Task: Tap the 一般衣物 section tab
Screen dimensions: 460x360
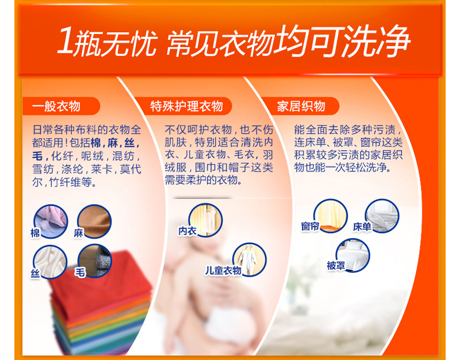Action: (x=61, y=106)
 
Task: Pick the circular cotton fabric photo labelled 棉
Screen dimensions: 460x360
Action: (x=51, y=221)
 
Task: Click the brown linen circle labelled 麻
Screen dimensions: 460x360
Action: (x=94, y=221)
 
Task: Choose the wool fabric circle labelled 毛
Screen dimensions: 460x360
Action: (x=94, y=261)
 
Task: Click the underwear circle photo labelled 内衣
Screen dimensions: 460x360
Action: (x=205, y=220)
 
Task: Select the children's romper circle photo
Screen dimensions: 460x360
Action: (x=250, y=260)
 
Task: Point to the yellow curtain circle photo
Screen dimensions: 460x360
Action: (x=330, y=216)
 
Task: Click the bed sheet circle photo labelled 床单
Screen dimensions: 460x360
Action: (x=382, y=216)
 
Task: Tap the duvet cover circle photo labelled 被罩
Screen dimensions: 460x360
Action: (x=352, y=255)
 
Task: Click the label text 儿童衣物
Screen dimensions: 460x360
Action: (x=223, y=270)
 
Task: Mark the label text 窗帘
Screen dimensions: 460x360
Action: (x=310, y=226)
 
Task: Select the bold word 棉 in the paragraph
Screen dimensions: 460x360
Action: (x=95, y=143)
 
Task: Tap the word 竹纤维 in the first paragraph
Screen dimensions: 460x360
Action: (x=65, y=182)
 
